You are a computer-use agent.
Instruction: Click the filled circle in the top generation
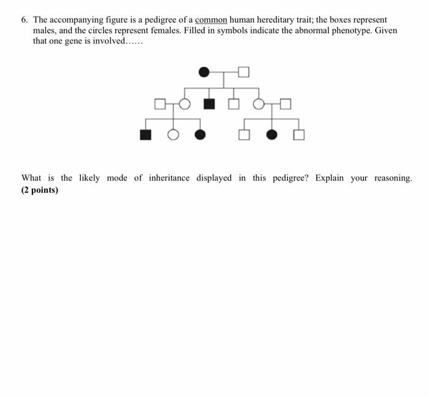[205, 72]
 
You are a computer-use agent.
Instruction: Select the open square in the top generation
[244, 72]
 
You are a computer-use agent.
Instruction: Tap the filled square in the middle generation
[209, 103]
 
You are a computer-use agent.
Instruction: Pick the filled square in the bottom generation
[145, 135]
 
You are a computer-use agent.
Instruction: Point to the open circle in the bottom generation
[173, 135]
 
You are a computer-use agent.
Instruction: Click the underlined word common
[211, 20]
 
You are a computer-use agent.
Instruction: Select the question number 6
[25, 20]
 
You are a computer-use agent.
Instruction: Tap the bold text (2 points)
[40, 190]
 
